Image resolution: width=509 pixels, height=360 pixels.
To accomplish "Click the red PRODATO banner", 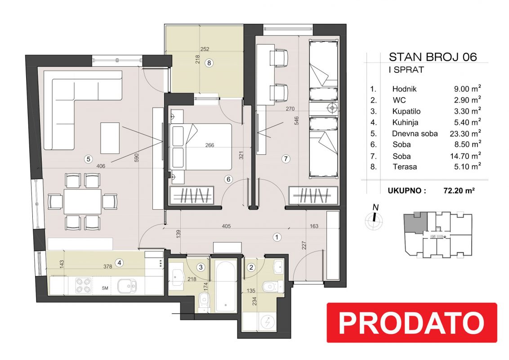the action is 411,322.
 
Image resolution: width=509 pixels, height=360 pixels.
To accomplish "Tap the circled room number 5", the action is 88,159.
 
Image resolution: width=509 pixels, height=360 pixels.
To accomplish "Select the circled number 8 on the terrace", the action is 209,63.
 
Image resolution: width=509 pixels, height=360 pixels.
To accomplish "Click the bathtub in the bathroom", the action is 226,285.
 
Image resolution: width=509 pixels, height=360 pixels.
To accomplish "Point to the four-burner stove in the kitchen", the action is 83,286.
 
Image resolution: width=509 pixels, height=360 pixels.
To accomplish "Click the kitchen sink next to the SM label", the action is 127,286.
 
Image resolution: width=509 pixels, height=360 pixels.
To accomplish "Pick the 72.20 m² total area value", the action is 459,190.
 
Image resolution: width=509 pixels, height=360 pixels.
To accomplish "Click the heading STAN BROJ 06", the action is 433,57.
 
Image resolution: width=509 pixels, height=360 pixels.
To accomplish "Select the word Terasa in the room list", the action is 405,166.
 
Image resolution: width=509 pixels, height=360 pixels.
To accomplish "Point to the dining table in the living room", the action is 82,202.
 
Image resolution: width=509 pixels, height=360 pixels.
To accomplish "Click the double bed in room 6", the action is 201,147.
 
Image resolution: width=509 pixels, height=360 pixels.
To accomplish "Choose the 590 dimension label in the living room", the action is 136,158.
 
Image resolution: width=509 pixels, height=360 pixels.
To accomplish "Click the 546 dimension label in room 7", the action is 296,121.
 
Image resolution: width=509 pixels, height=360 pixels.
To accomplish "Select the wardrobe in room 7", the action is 313,196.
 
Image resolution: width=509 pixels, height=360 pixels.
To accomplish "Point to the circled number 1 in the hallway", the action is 277,237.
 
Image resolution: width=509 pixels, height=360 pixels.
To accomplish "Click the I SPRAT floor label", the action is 406,70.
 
